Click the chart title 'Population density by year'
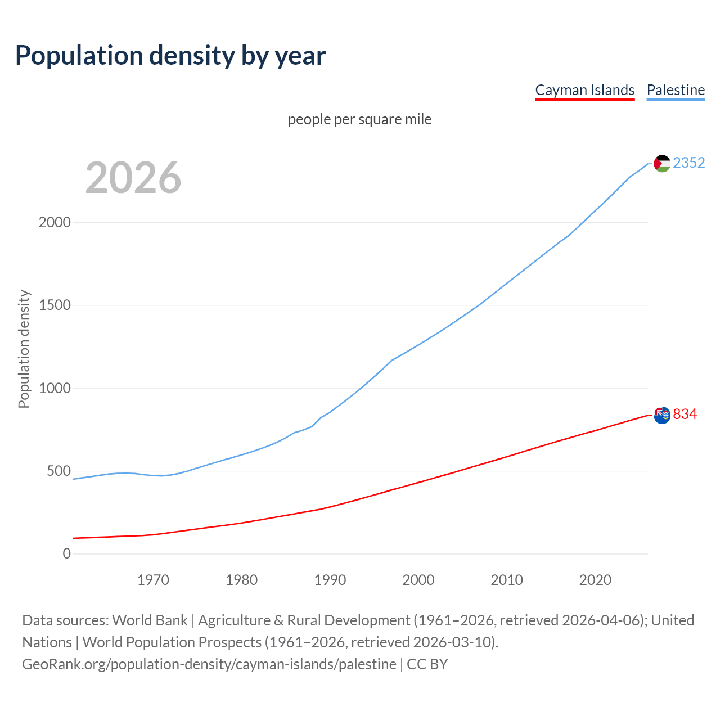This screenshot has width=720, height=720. point(170,56)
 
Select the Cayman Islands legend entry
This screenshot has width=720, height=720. point(584,90)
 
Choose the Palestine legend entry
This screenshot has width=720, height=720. point(676,90)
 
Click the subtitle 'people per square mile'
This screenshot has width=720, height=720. point(360,120)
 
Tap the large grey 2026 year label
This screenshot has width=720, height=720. point(133,178)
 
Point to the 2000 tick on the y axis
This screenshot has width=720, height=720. point(55,222)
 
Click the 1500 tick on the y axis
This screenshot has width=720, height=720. point(55,305)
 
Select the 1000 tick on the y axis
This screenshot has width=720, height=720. point(55,388)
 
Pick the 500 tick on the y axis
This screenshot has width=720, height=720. point(58,471)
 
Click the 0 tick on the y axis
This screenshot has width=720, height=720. point(67,554)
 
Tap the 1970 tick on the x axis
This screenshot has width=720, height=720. point(153,580)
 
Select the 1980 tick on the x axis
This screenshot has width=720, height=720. point(242,580)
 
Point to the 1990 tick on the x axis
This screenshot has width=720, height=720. point(330,580)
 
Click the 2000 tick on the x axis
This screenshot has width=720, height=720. point(418,580)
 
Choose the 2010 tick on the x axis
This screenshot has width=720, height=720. point(507,580)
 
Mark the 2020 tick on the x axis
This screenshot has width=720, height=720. point(595,580)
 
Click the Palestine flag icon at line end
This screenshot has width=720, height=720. point(662,163)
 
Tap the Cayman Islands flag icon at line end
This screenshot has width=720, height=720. point(662,415)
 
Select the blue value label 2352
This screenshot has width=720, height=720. point(689,163)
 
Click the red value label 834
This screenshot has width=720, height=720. point(685,415)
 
